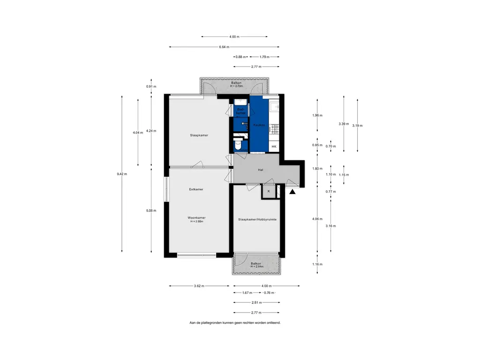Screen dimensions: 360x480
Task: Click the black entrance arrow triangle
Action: (x=293, y=191)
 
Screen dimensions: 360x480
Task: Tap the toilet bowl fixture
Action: (x=238, y=145)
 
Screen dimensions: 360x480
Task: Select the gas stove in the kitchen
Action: (x=274, y=129)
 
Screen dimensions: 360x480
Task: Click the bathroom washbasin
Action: (x=240, y=102)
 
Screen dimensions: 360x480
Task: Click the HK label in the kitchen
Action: (x=274, y=147)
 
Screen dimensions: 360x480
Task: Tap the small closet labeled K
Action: (x=269, y=191)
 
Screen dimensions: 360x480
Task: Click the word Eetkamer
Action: (x=196, y=189)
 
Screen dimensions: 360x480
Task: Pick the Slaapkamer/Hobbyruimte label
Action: (x=257, y=219)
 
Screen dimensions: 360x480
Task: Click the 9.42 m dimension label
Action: (x=122, y=174)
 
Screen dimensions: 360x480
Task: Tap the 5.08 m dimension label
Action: (x=151, y=210)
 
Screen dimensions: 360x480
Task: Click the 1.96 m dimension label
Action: (x=317, y=115)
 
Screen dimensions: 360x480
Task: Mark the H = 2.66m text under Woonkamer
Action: (x=197, y=221)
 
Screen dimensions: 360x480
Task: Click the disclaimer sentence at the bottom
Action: (x=235, y=323)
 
